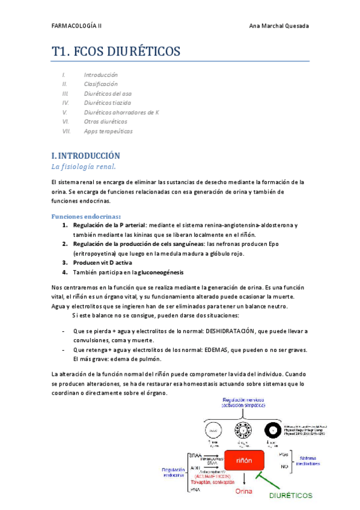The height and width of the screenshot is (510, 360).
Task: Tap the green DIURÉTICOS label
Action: click(291, 496)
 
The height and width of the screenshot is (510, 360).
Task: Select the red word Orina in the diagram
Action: click(244, 491)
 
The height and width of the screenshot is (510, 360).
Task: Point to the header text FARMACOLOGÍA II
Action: click(76, 26)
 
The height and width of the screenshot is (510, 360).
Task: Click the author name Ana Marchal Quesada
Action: click(278, 26)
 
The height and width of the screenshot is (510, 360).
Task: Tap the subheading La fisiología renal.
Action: click(84, 166)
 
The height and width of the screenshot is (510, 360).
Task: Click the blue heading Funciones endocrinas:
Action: click(87, 216)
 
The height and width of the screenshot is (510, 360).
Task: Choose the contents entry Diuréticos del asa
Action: click(108, 94)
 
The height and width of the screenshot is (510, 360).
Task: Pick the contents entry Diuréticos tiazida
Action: click(108, 103)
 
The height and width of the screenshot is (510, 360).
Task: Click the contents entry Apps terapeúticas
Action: click(108, 131)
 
